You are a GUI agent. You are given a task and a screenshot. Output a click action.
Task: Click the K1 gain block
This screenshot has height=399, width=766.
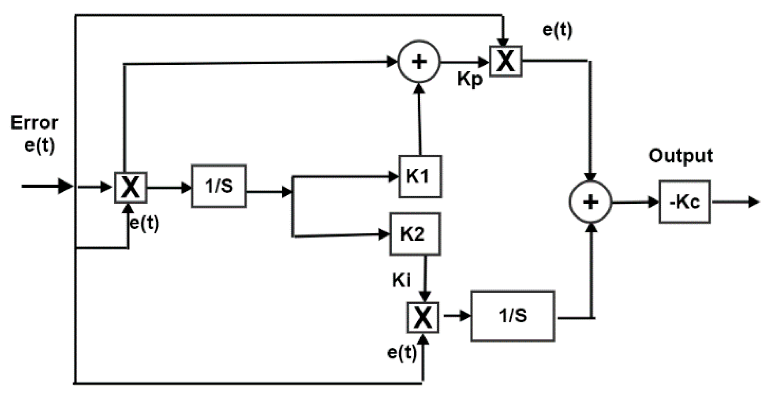(420, 177)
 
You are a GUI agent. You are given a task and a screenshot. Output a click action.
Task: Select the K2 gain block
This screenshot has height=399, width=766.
(415, 234)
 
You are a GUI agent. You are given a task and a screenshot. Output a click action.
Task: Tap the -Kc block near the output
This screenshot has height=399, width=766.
(685, 202)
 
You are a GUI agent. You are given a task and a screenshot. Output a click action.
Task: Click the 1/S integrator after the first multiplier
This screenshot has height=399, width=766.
(219, 186)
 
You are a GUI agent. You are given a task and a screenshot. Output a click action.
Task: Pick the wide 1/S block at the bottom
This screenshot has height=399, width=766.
(513, 316)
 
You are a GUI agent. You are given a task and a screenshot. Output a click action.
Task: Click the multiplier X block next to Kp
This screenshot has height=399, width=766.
(506, 61)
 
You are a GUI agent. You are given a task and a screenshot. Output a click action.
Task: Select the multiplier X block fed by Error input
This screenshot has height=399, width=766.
(130, 188)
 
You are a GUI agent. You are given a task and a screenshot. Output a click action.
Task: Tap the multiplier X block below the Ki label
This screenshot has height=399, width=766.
(423, 318)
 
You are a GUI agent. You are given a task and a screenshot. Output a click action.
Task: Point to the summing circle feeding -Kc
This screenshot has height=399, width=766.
(590, 202)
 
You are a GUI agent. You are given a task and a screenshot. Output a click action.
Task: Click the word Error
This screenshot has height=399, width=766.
(34, 123)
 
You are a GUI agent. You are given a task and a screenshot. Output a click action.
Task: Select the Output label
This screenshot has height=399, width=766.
(681, 156)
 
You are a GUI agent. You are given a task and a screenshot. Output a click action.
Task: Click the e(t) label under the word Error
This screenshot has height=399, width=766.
(40, 145)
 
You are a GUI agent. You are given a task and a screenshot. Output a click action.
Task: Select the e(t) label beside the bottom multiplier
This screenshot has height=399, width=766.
(402, 353)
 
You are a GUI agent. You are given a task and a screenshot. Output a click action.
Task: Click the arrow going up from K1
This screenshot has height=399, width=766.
(420, 119)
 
